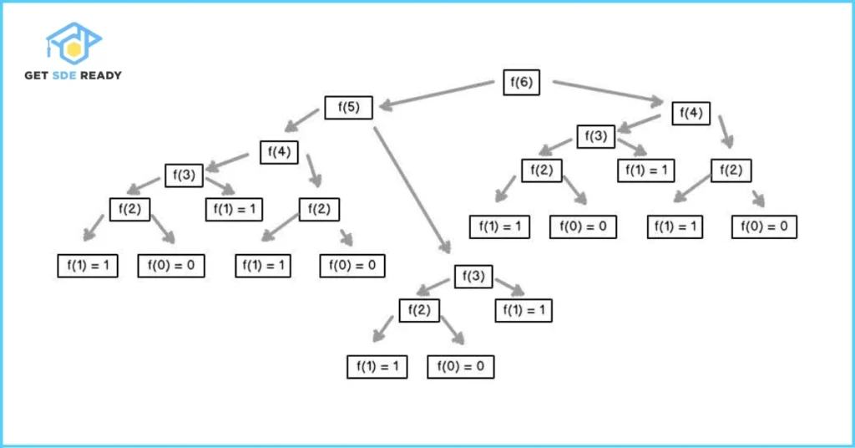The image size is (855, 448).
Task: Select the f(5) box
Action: point(348,108)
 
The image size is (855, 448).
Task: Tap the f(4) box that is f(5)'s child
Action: point(280,152)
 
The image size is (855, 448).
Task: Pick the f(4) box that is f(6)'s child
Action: point(693,112)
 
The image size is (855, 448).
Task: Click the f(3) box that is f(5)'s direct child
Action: point(473,277)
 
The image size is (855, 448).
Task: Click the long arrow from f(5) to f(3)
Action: point(412,189)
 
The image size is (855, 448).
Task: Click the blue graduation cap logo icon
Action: point(73,43)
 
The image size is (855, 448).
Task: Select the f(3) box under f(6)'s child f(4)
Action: point(596,135)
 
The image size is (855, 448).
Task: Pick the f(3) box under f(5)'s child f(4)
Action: point(185,175)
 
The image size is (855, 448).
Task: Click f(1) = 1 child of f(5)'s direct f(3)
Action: point(524,310)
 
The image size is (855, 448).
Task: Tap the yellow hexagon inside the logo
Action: point(74,49)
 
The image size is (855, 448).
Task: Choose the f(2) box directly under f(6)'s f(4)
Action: point(732,170)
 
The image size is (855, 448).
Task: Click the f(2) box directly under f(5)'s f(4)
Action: point(320,208)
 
